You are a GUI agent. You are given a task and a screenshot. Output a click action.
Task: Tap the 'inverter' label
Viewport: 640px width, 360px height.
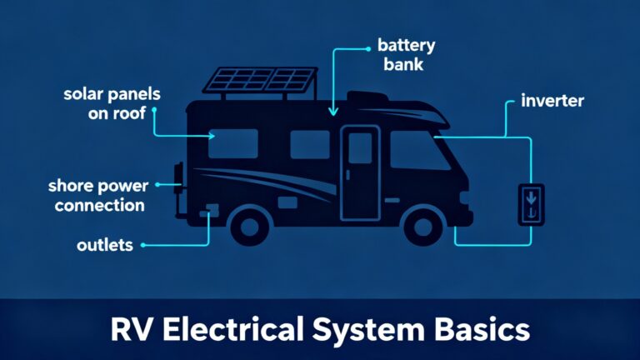pyautogui.click(x=552, y=102)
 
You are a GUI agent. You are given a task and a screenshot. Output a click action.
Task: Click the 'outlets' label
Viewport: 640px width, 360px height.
pyautogui.click(x=105, y=245)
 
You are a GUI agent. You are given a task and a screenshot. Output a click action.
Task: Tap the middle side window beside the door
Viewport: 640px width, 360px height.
pyautogui.click(x=310, y=143)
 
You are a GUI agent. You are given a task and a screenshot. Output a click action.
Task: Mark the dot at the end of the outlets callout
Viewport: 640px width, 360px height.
pyautogui.click(x=143, y=246)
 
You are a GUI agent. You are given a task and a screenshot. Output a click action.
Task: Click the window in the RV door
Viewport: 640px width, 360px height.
pyautogui.click(x=360, y=147)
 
